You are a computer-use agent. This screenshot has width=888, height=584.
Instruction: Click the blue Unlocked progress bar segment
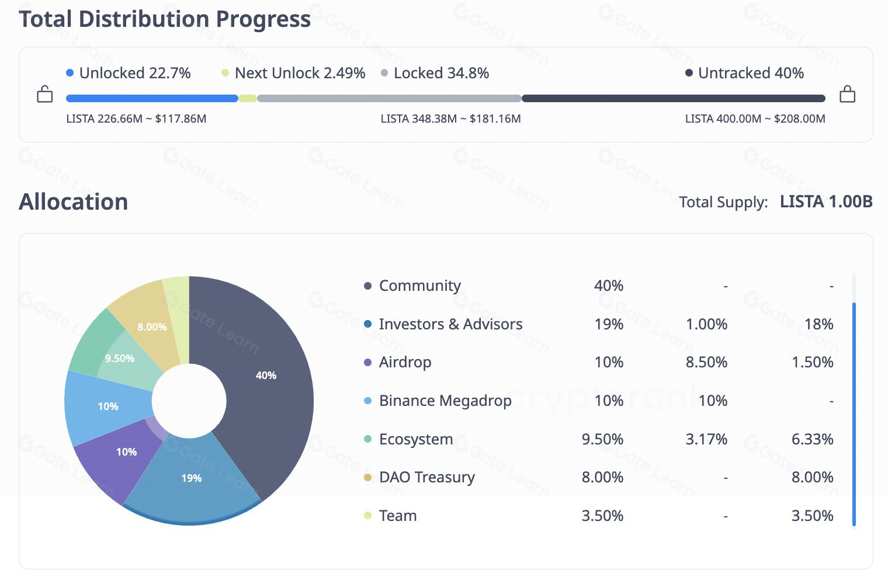pyautogui.click(x=152, y=99)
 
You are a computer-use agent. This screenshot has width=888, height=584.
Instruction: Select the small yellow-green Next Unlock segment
pyautogui.click(x=248, y=99)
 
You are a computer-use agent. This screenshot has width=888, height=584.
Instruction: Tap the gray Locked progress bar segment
pyautogui.click(x=389, y=99)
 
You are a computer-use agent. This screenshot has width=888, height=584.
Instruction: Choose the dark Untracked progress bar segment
pyautogui.click(x=673, y=99)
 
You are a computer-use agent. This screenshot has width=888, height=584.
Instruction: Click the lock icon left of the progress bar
pyautogui.click(x=45, y=94)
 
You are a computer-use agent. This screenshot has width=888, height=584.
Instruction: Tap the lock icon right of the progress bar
pyautogui.click(x=847, y=94)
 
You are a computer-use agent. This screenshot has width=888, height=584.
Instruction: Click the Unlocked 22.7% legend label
pyautogui.click(x=135, y=73)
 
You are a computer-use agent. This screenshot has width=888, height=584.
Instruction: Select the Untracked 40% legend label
pyautogui.click(x=751, y=73)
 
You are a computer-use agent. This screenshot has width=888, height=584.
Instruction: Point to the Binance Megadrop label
pyautogui.click(x=445, y=401)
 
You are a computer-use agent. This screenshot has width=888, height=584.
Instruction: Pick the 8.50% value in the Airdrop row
pyautogui.click(x=706, y=362)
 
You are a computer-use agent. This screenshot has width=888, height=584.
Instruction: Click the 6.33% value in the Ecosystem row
pyautogui.click(x=812, y=439)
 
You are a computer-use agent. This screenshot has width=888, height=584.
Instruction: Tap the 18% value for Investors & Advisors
pyautogui.click(x=818, y=324)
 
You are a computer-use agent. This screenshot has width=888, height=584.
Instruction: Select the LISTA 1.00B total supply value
pyautogui.click(x=825, y=201)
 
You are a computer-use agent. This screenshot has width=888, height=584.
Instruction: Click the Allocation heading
pyautogui.click(x=74, y=201)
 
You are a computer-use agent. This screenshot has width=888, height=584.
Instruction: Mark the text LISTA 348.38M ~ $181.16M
pyautogui.click(x=450, y=119)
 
